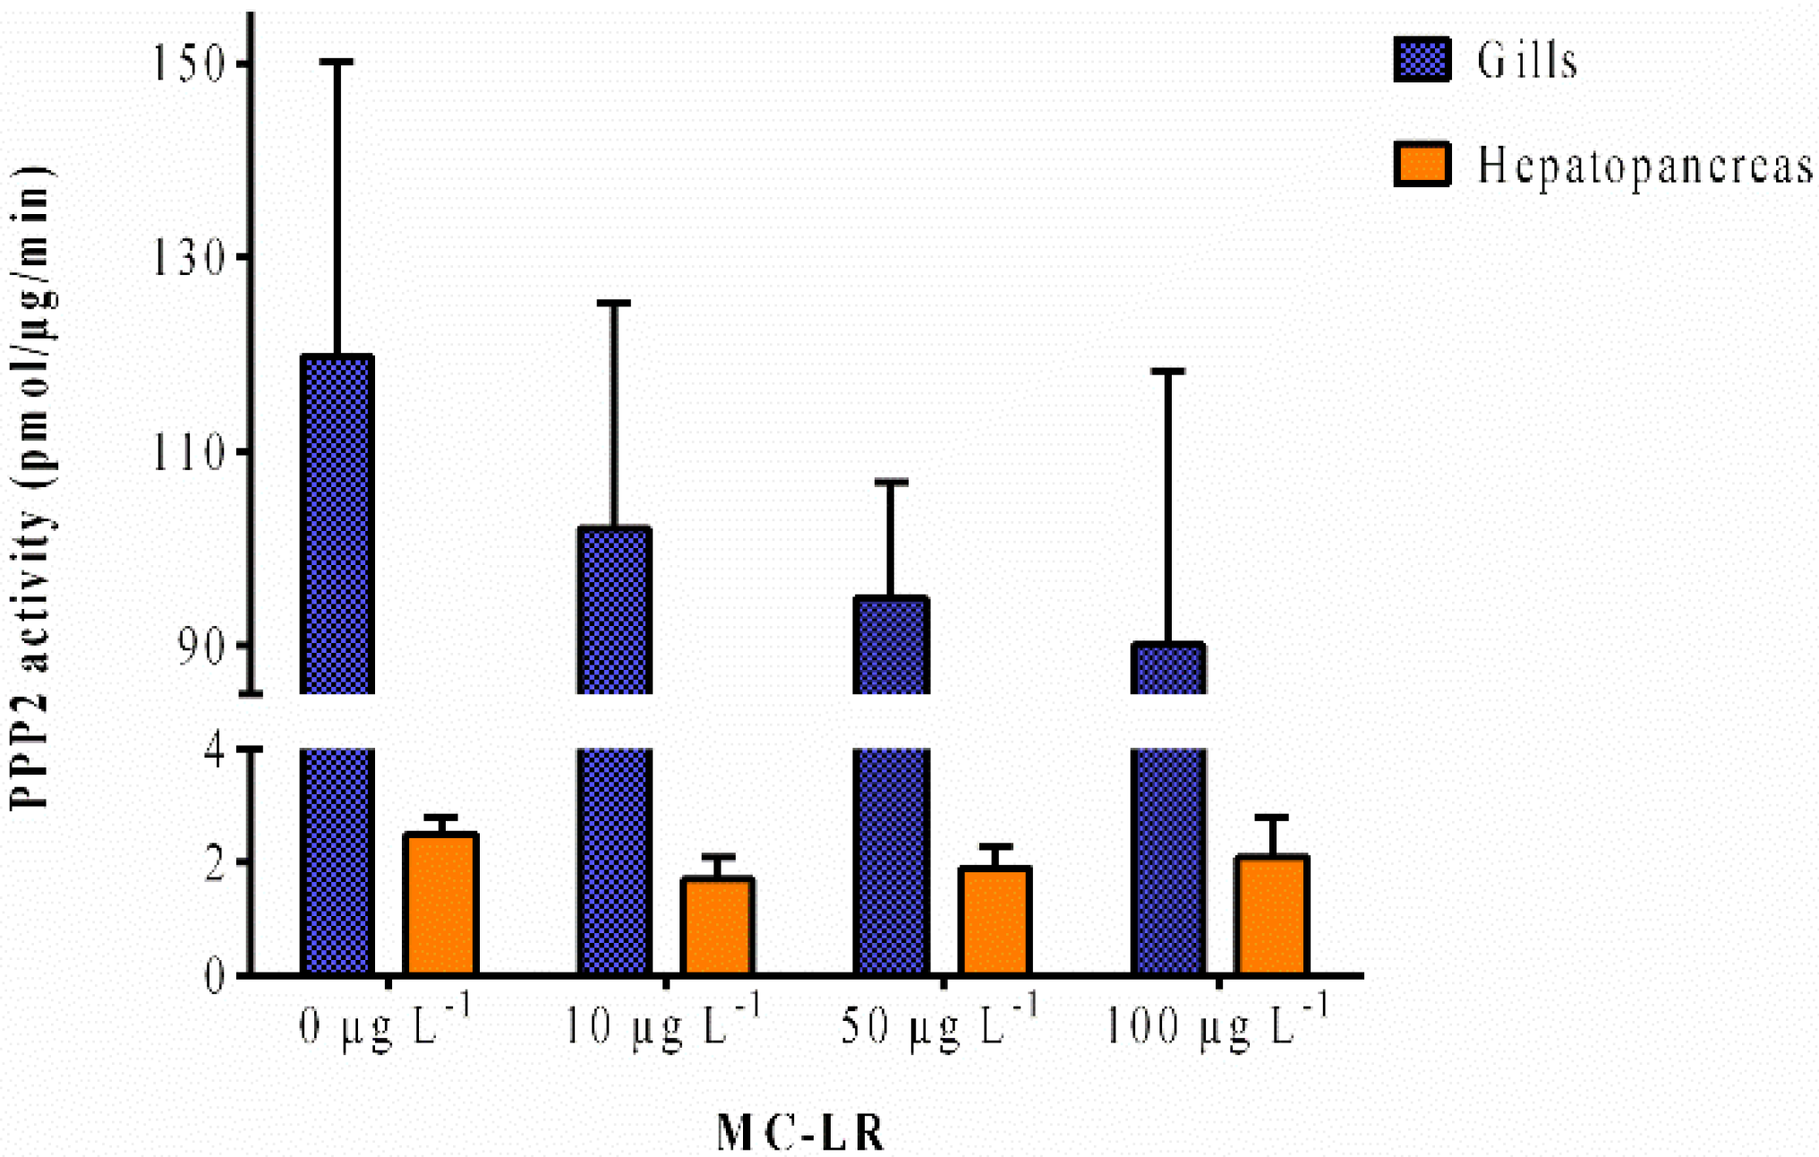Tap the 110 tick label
coord(186,452)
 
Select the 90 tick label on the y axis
coord(201,647)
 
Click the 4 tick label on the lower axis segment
coord(215,749)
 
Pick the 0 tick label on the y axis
coord(215,975)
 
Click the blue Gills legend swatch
coord(1422,60)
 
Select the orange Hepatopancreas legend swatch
coord(1422,164)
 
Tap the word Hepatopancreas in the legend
coord(1644,167)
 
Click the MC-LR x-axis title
coord(800,1133)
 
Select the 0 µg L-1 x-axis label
coord(383,1025)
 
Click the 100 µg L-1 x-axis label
coord(1216,1025)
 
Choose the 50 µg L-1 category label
coord(938,1025)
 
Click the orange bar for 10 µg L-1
coord(717,927)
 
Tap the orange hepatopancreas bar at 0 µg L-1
coord(440,904)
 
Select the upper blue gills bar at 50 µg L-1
coord(891,645)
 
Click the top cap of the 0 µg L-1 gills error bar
coord(337,62)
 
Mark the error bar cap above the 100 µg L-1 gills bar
coord(1168,371)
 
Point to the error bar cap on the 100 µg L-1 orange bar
coord(1271,817)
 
